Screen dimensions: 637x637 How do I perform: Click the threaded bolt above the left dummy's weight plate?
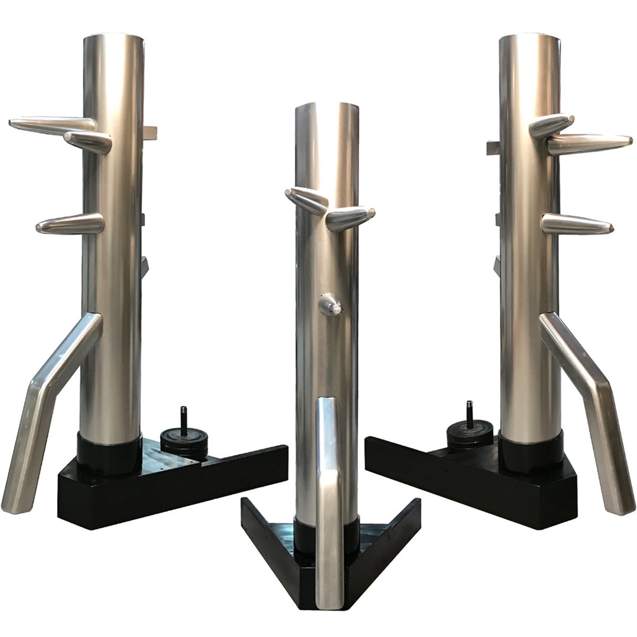(183, 420)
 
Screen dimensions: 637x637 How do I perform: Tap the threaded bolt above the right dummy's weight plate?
(469, 414)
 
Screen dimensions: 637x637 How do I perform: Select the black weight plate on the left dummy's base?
(183, 442)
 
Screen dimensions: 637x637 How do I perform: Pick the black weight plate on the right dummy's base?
(469, 435)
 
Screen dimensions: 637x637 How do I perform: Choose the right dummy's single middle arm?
(576, 224)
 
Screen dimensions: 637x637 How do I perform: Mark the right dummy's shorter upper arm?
(551, 124)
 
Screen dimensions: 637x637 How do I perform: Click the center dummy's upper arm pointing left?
(307, 201)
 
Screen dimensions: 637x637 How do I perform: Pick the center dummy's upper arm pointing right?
(349, 219)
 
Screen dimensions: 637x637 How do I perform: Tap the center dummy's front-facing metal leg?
(329, 501)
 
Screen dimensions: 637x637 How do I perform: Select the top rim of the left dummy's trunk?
(114, 37)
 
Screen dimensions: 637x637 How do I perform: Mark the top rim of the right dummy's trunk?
(529, 37)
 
